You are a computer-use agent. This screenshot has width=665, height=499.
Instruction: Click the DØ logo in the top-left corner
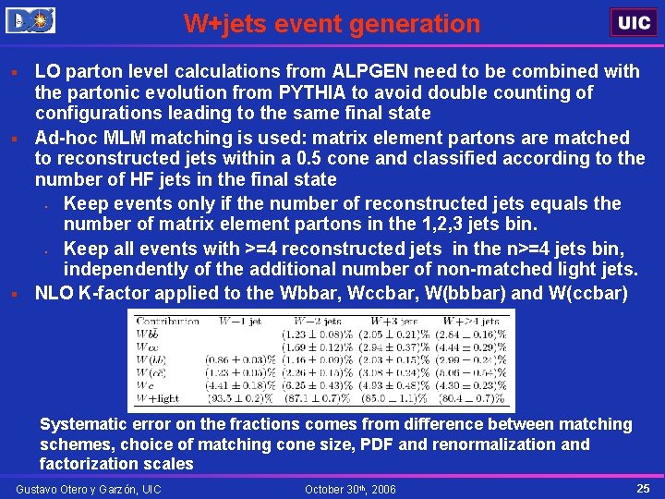(x=30, y=19)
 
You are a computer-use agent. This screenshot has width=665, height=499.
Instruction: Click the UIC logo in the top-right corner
(x=634, y=22)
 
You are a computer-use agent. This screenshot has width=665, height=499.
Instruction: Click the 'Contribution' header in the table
(x=167, y=322)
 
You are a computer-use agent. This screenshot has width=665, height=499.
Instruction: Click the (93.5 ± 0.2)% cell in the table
(x=243, y=398)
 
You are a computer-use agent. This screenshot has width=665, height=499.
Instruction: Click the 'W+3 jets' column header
(x=392, y=322)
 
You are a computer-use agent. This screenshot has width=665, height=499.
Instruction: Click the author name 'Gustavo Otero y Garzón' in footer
(x=89, y=488)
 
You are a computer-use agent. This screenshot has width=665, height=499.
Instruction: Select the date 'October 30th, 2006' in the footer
(x=350, y=488)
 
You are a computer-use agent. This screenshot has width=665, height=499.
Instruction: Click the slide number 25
(x=643, y=487)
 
